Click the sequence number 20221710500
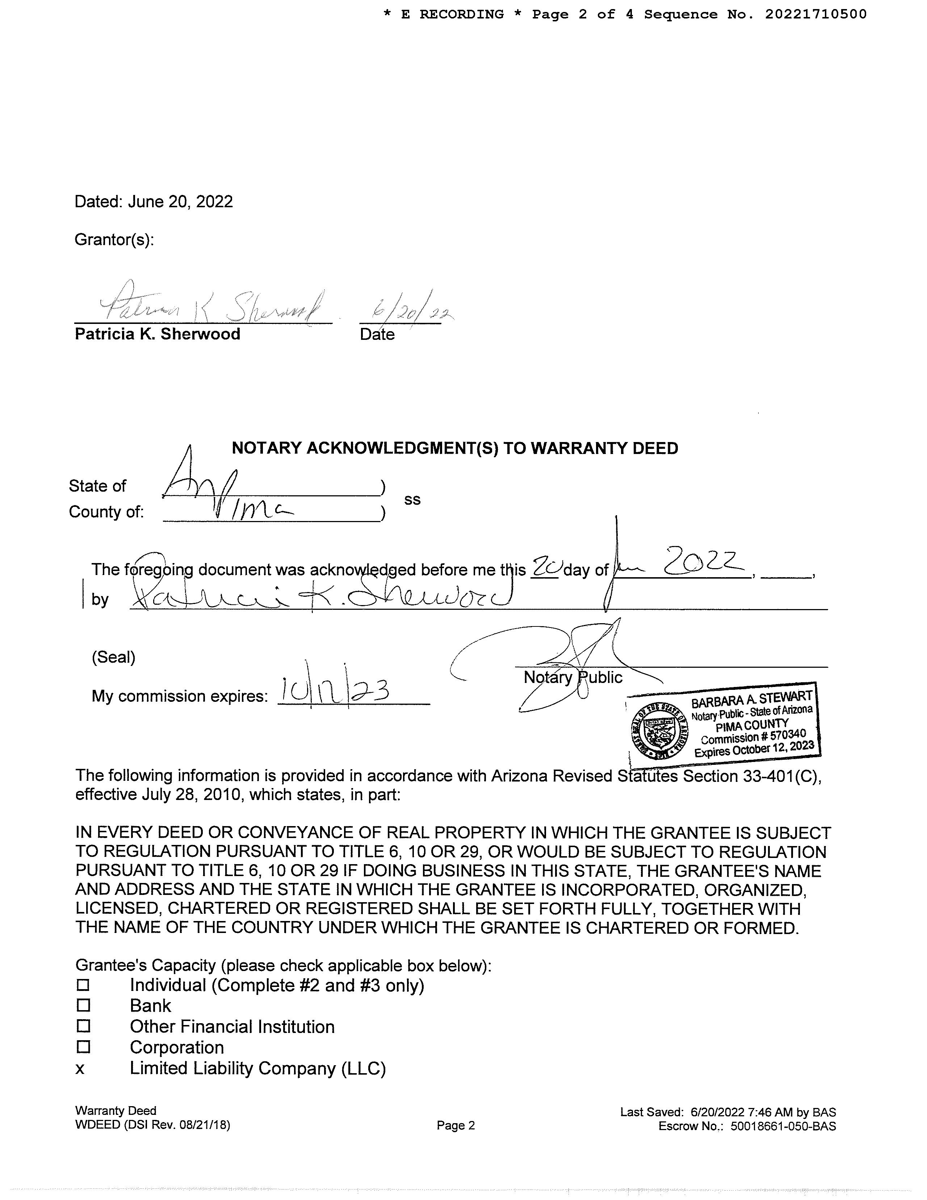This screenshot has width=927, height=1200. click(x=815, y=14)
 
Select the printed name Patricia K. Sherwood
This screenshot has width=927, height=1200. click(x=158, y=334)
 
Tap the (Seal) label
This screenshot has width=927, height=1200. click(x=114, y=657)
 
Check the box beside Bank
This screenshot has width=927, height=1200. click(x=83, y=1005)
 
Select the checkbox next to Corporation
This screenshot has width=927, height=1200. click(x=83, y=1047)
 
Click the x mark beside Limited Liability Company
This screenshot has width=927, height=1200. click(x=80, y=1069)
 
